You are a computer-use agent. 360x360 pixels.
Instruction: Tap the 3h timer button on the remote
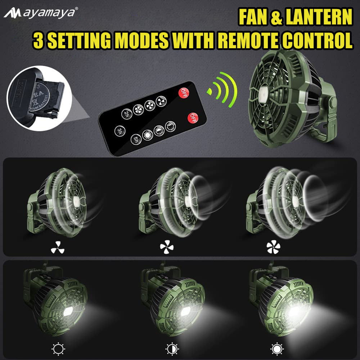[x=120, y=130]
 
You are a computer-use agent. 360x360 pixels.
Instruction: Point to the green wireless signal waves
[x=223, y=88]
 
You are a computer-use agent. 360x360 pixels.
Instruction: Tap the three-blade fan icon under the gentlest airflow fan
[x=57, y=247]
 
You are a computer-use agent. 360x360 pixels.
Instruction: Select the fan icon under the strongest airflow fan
[x=273, y=247]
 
